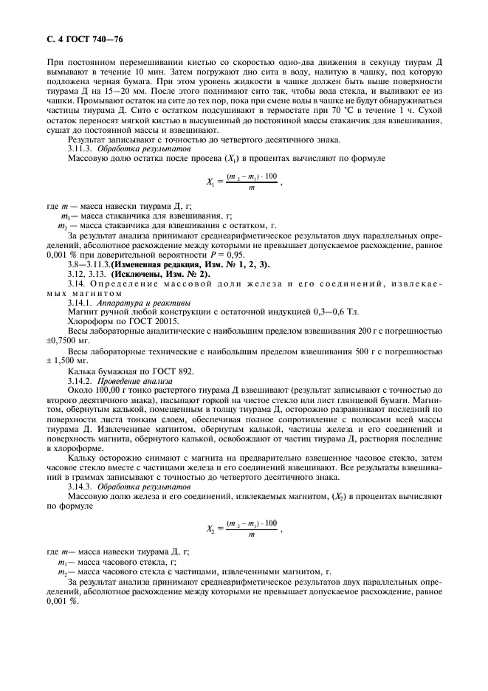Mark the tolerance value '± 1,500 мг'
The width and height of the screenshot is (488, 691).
pyautogui.click(x=71, y=360)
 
